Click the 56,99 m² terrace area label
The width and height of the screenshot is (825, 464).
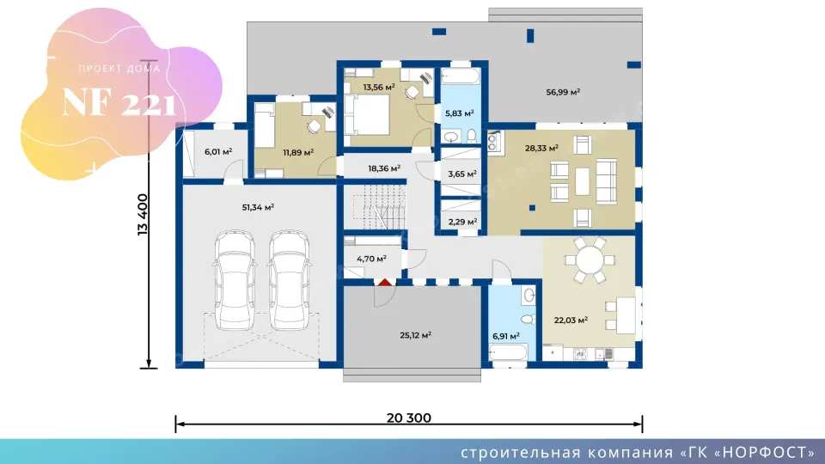[563, 92]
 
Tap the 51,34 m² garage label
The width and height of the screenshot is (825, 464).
[258, 207]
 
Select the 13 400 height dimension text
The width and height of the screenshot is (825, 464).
[143, 215]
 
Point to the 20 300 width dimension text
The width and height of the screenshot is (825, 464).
[409, 418]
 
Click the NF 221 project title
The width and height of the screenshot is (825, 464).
[119, 102]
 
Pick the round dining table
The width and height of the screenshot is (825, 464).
[590, 259]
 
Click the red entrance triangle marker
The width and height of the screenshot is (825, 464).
[385, 283]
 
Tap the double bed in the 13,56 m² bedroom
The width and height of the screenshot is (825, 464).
[367, 115]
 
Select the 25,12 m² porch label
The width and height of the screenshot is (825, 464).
[416, 335]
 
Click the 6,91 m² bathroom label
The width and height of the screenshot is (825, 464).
[505, 336]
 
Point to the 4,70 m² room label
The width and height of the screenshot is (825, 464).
[371, 259]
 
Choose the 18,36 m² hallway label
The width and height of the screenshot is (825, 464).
[384, 168]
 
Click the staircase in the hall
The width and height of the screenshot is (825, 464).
[379, 207]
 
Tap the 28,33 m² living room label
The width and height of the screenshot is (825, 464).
[541, 149]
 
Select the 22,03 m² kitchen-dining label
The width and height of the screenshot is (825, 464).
[571, 320]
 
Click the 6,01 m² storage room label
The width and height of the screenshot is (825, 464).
[218, 151]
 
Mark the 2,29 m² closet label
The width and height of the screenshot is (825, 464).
[462, 222]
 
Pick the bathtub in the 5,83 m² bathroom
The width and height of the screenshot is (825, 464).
[461, 76]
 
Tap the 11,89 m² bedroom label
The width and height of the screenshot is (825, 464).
[298, 153]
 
